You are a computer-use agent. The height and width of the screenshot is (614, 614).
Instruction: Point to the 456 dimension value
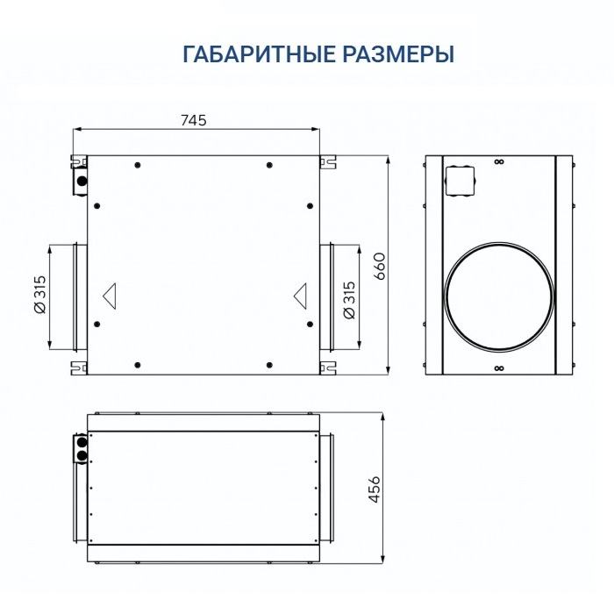point(375,489)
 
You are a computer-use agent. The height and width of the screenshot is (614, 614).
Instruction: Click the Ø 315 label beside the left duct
point(39,296)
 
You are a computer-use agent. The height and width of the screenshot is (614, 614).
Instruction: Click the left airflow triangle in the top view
point(111,295)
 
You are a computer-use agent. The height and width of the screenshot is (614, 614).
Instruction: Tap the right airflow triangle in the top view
point(300,295)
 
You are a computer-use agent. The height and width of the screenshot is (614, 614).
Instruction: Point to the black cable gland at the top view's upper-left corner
point(82,181)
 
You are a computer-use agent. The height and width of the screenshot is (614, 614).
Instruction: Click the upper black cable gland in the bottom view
point(82,443)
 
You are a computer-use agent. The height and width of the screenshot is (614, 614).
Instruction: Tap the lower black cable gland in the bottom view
point(82,456)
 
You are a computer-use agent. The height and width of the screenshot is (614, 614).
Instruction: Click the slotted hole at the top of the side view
point(498,161)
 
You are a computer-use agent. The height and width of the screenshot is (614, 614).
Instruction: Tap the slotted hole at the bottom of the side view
point(498,368)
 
